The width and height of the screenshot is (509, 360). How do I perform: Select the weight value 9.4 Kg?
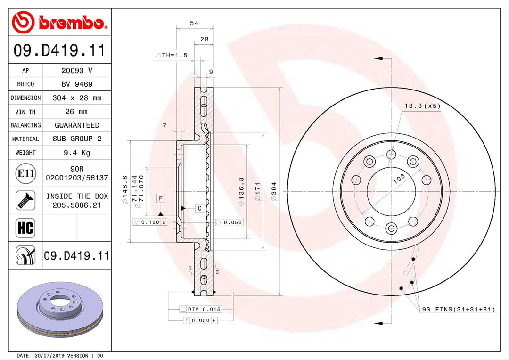[x=77, y=153]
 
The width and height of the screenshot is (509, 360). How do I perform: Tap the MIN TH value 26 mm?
[x=77, y=112]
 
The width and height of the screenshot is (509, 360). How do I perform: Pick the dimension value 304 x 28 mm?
[x=77, y=98]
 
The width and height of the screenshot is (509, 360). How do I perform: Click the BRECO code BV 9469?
[x=77, y=84]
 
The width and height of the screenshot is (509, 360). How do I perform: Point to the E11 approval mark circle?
[x=26, y=173]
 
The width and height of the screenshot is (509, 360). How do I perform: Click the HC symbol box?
[x=26, y=228]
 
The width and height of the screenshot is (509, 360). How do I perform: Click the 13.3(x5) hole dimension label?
[x=422, y=106]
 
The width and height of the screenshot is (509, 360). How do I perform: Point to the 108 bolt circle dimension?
[x=399, y=179]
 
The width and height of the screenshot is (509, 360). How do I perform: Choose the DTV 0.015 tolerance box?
[x=200, y=310]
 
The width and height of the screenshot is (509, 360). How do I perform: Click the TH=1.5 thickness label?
[x=172, y=55]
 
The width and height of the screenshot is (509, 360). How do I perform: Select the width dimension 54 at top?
[x=194, y=23]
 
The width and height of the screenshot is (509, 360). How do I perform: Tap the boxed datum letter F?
[x=161, y=198]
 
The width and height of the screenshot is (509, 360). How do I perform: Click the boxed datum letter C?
[x=199, y=208]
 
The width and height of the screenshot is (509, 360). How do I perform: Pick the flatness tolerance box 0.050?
[x=230, y=222]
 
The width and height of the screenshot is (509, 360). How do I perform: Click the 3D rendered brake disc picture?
[x=59, y=309]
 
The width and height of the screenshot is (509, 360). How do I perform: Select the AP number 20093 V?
[x=77, y=70]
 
